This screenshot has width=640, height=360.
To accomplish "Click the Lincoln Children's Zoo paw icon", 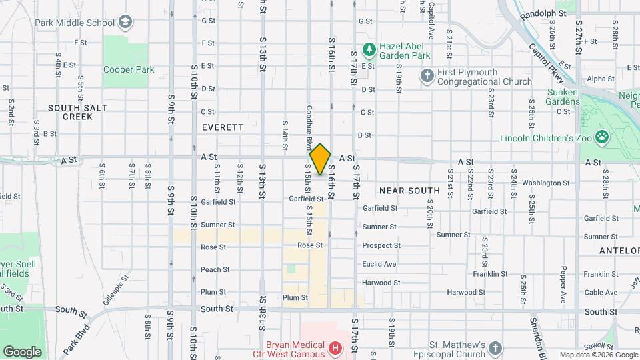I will pyautogui.click(x=602, y=137).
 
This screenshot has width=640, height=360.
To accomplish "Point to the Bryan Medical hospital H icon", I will pyautogui.click(x=335, y=348).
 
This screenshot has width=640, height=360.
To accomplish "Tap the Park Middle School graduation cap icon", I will pyautogui.click(x=124, y=23).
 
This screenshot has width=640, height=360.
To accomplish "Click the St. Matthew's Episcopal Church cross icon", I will pyautogui.click(x=495, y=348).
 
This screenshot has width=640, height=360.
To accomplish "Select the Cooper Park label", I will pyautogui.click(x=129, y=69).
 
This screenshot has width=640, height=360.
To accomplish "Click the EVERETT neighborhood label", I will pyautogui.click(x=223, y=127).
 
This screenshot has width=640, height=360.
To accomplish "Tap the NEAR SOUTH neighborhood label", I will pyautogui.click(x=409, y=191).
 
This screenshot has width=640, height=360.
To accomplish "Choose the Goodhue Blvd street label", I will pyautogui.click(x=309, y=127).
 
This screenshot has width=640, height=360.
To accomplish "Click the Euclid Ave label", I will pyautogui.click(x=379, y=264).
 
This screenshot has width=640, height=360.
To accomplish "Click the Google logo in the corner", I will pyautogui.click(x=22, y=352).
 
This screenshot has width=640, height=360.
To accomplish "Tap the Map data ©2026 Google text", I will pyautogui.click(x=597, y=355).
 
